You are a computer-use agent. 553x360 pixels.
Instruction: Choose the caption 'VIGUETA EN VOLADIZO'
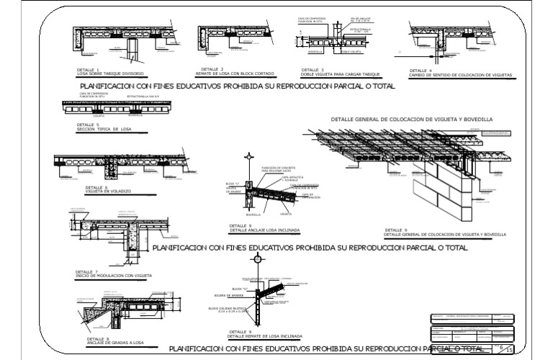pyautogui.click(x=98, y=191)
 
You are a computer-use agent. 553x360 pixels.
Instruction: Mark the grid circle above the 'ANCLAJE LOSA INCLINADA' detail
pyautogui.click(x=248, y=156)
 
